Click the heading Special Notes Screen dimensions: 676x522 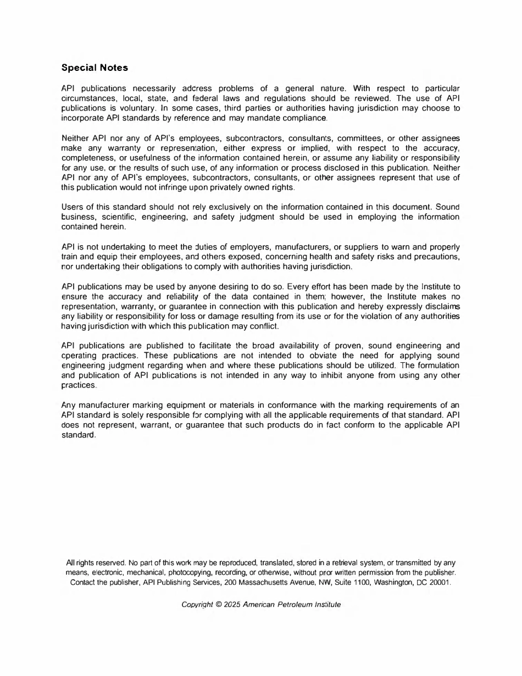tap(95, 68)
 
